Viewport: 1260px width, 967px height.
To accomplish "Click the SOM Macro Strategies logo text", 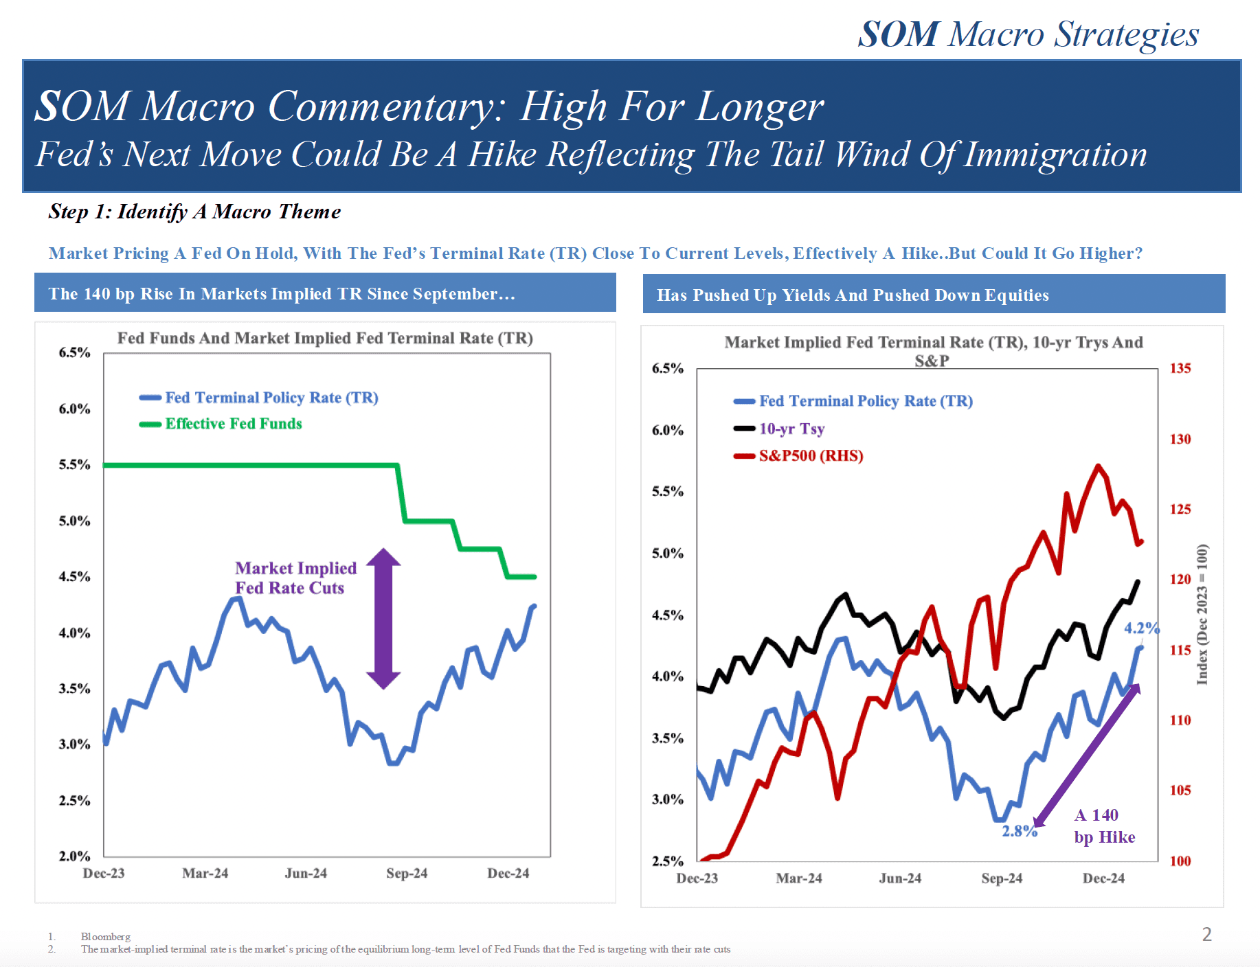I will pos(1028,34).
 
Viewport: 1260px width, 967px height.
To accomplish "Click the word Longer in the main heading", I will pos(759,107).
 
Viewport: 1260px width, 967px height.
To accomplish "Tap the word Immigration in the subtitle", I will pos(1055,155).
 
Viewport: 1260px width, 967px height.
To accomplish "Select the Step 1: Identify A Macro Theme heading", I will pos(194,212).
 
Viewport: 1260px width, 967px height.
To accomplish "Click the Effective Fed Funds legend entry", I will pos(233,424).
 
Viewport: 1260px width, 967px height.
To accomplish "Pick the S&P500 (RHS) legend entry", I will pos(810,456).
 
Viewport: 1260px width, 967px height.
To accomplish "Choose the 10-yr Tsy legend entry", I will pos(791,429).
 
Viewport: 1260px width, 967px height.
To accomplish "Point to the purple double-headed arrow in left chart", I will pos(383,618).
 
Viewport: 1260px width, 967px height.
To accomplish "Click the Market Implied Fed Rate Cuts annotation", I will pos(295,578).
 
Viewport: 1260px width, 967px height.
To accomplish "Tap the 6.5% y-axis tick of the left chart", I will pos(74,352).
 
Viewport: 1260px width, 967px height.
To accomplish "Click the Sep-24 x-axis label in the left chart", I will pos(407,873).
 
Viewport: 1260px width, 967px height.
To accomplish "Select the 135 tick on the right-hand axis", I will pos(1180,368).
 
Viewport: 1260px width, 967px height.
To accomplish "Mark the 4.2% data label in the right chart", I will pos(1140,628).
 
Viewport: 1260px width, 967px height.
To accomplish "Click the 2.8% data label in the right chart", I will pos(1018,831).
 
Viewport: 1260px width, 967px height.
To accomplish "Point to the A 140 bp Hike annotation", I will pos(1104,826).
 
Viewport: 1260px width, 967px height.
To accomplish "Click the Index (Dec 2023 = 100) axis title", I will pos(1202,614).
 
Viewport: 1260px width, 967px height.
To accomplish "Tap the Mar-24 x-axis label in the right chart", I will pos(799,878).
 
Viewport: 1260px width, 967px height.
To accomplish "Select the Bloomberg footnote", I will pos(105,936).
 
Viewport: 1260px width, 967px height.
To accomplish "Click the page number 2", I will pos(1206,934).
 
